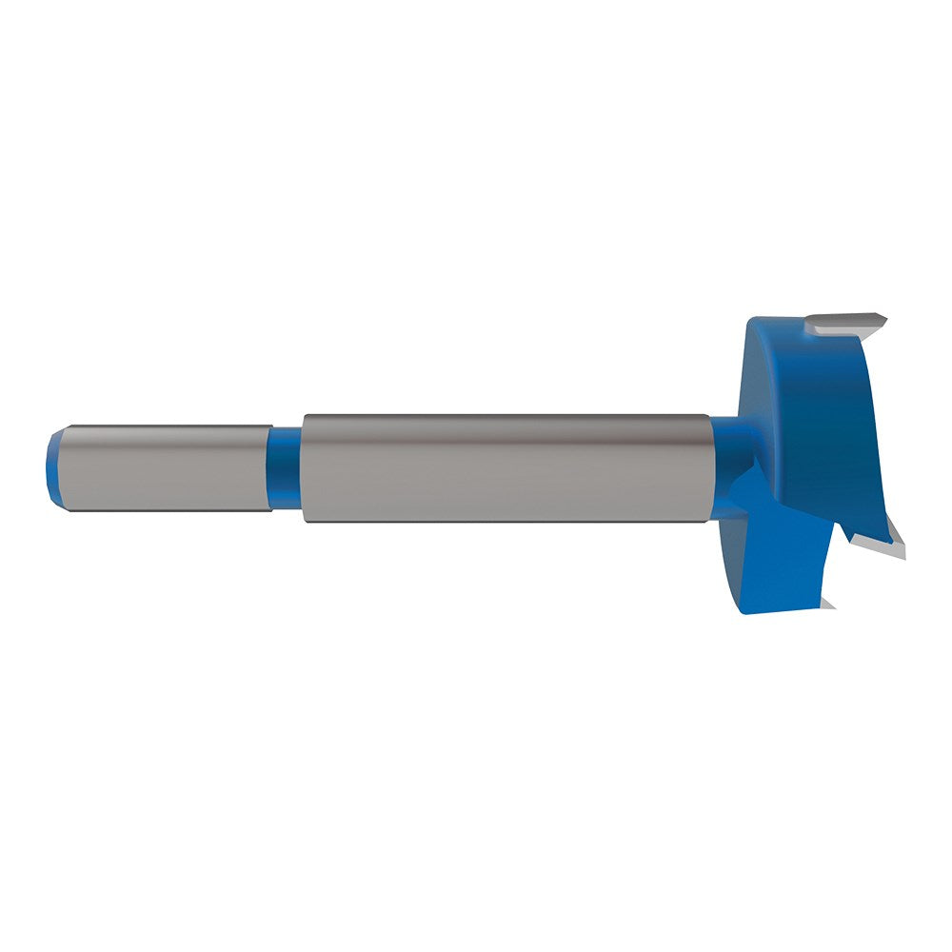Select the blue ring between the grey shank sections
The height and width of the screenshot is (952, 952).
285,468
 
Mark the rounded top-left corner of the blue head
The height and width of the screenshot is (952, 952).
752,328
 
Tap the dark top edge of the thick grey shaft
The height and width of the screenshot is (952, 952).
505,417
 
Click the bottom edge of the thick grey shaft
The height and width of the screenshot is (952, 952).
505,521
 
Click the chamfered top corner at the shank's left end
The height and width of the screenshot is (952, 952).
59,434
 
